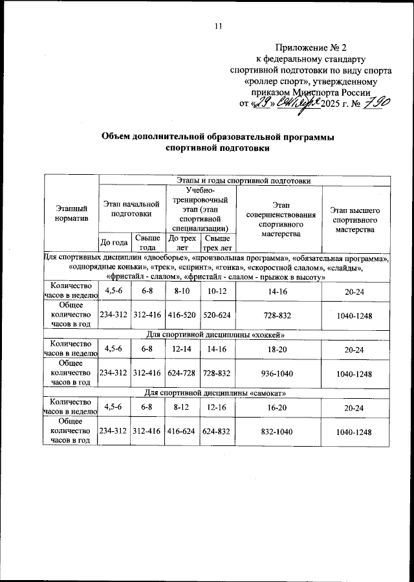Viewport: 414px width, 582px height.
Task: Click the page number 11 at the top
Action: point(218,26)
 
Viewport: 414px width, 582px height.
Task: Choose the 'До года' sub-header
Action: point(114,243)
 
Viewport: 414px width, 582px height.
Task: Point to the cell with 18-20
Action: point(278,350)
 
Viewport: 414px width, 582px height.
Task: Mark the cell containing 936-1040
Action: point(278,374)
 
